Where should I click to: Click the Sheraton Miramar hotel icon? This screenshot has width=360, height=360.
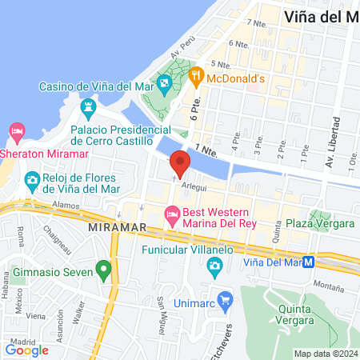click(16, 130)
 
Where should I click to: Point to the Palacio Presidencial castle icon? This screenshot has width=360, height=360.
click(87, 106)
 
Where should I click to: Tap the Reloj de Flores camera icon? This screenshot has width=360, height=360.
click(33, 178)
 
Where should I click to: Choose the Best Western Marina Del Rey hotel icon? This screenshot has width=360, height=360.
click(171, 214)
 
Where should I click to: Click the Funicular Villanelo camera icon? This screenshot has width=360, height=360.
click(214, 270)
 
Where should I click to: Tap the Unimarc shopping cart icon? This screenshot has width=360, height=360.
click(226, 301)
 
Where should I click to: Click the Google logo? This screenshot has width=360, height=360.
click(27, 350)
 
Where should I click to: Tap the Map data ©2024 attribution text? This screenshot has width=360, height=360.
click(325, 354)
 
